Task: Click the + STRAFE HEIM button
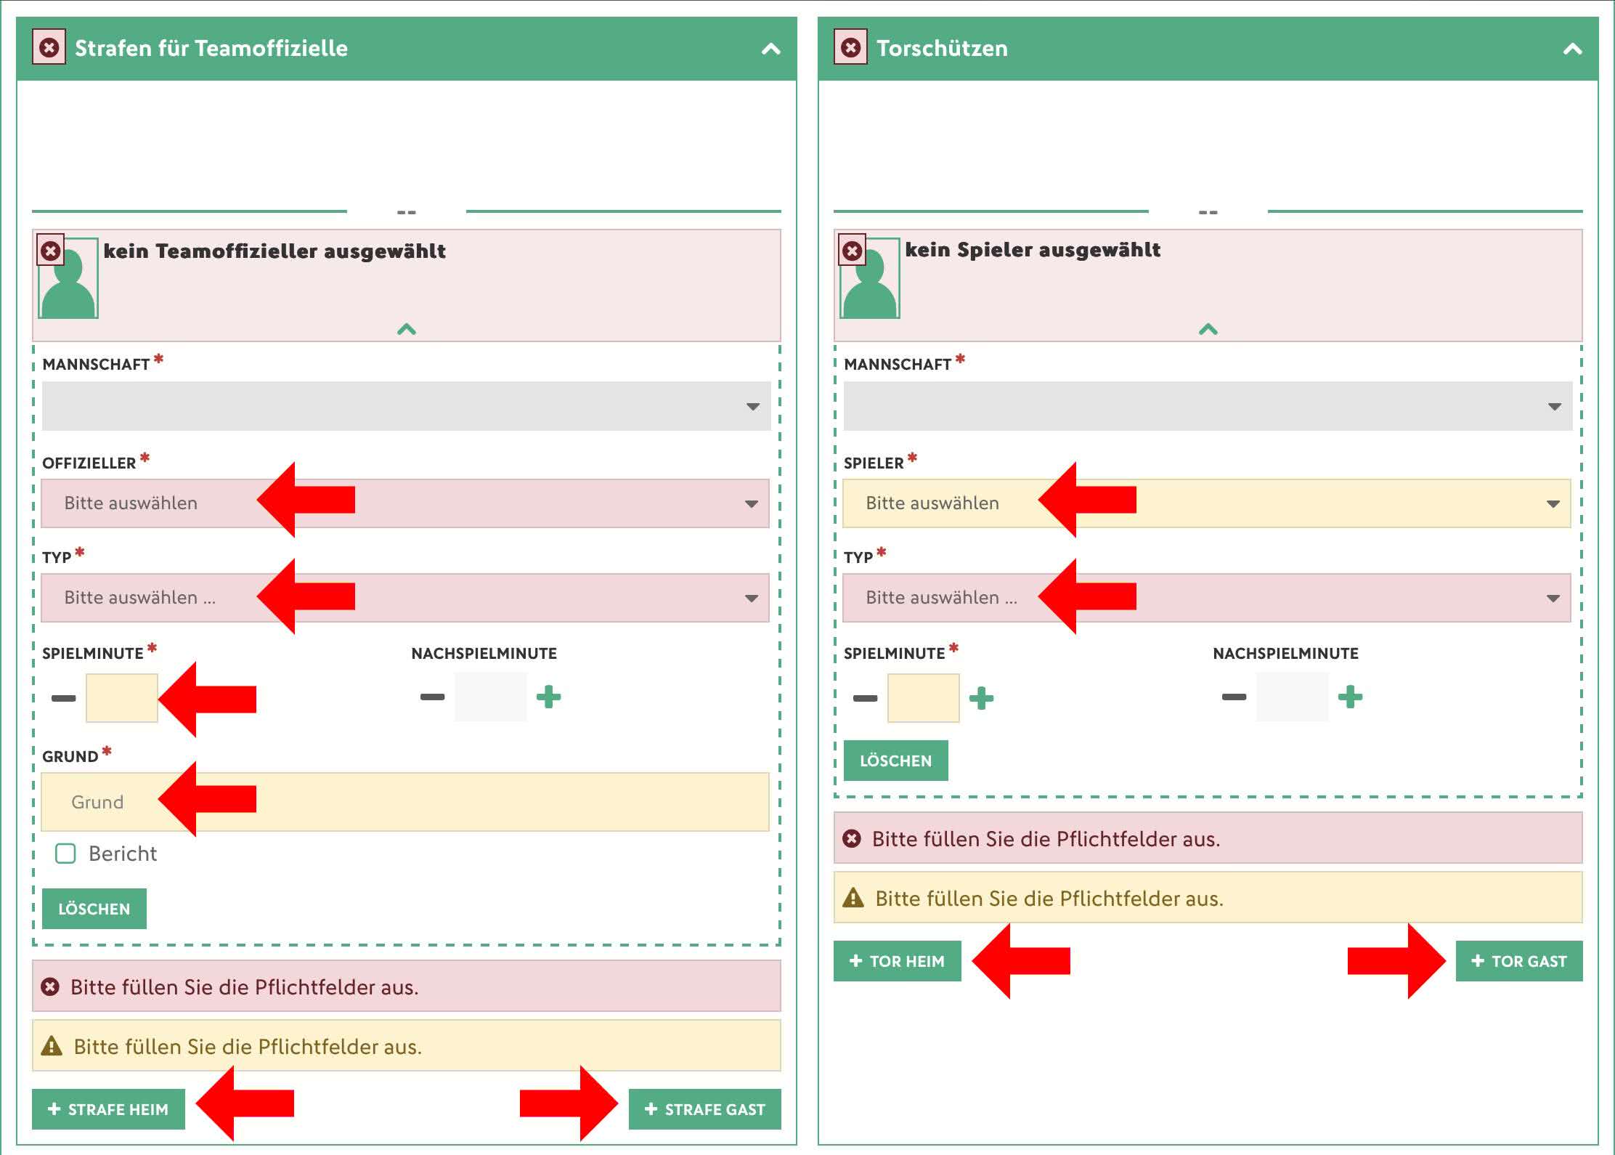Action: coord(108,1109)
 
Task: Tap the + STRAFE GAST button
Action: coord(704,1109)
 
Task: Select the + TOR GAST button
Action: coord(1519,961)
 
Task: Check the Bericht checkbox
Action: coord(65,854)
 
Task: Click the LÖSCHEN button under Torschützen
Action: coord(895,761)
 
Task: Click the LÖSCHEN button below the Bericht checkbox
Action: coord(94,909)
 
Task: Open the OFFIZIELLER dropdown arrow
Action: coord(752,503)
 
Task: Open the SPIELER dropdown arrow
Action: coord(1553,503)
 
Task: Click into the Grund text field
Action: coord(405,802)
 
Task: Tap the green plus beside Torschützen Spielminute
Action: coord(981,698)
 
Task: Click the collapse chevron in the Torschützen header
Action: coord(1572,49)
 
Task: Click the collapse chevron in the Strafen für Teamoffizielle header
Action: coord(770,49)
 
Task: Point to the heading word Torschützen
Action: coord(942,48)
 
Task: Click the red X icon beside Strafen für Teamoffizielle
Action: coord(49,47)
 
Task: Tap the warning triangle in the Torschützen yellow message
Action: coord(853,898)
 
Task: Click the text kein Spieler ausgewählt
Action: coord(1033,249)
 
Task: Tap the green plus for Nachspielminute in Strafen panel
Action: coord(548,697)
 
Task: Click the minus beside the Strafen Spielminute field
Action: coord(63,698)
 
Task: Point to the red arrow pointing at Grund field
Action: coord(207,799)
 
